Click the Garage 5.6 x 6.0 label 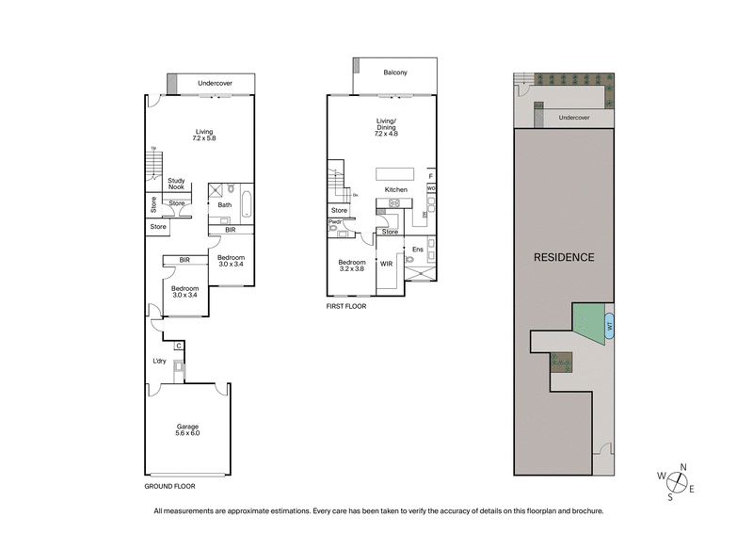(186, 430)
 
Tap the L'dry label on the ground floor (160, 362)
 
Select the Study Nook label (176, 185)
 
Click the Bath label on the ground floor (225, 204)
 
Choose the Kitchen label (395, 191)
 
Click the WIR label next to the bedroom (387, 265)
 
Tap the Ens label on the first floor (419, 250)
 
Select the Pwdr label (334, 222)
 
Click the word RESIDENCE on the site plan (564, 257)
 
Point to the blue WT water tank (609, 327)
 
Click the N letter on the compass (683, 466)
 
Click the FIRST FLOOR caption (345, 306)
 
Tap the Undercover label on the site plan (573, 118)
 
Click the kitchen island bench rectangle (394, 173)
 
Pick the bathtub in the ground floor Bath (247, 205)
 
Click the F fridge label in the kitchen (430, 176)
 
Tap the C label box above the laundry (177, 346)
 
